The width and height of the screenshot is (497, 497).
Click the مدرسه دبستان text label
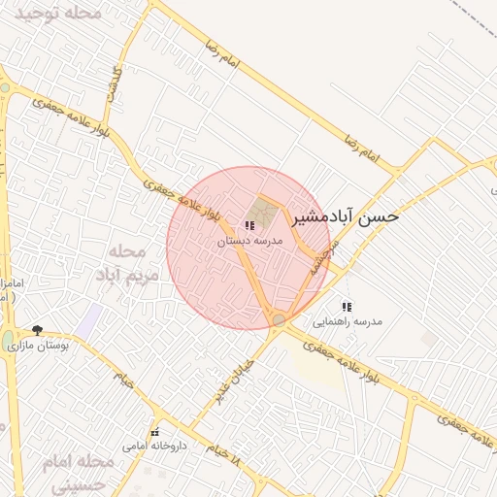pos(248,239)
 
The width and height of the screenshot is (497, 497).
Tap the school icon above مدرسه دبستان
pos(250,225)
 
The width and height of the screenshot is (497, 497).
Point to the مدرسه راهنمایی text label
pos(348,320)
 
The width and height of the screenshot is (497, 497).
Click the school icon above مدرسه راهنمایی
pos(348,307)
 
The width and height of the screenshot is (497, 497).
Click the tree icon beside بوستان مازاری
pos(37,330)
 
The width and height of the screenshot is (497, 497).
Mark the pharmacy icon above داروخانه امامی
pos(153,432)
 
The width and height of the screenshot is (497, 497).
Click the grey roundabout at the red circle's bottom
pos(280,319)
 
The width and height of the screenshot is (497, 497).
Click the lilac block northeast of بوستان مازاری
pos(90,319)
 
